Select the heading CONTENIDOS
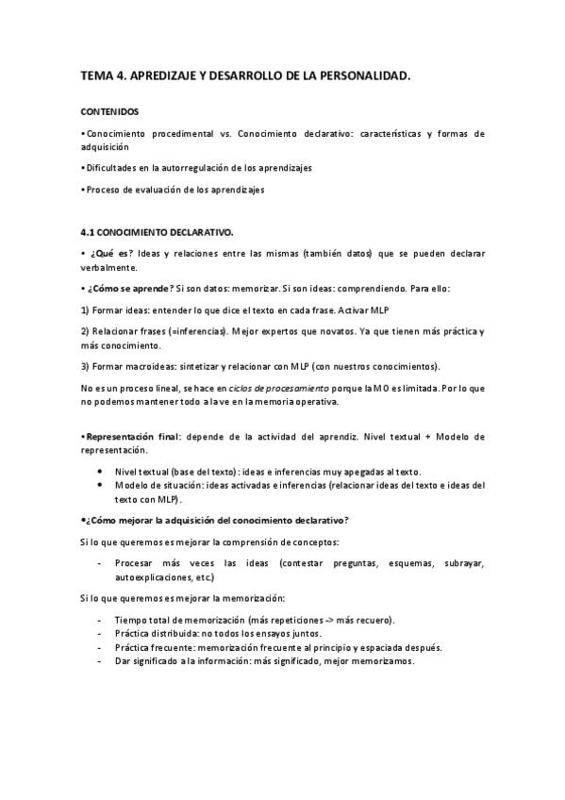pyautogui.click(x=109, y=111)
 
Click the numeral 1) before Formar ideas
pyautogui.click(x=85, y=309)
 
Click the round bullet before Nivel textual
pyautogui.click(x=102, y=472)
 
